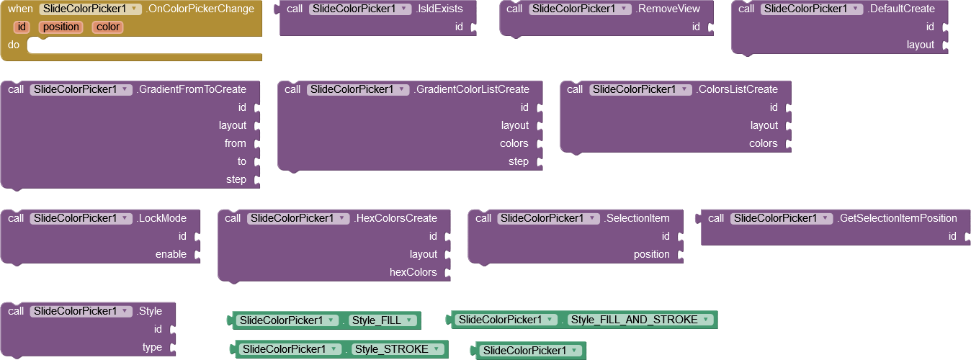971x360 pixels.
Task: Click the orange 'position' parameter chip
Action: tap(61, 27)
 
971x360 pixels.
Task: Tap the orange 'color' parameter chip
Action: tap(107, 27)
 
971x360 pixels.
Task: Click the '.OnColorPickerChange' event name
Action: tap(200, 9)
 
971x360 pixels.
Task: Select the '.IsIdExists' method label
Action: tap(439, 9)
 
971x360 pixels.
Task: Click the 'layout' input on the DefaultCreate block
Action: tap(920, 45)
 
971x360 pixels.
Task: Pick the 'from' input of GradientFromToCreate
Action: tap(235, 143)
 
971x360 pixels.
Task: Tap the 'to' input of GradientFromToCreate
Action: tap(241, 161)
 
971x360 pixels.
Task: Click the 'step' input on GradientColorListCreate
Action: tap(518, 161)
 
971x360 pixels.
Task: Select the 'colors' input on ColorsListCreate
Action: tap(763, 143)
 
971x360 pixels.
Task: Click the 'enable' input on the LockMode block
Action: tap(171, 254)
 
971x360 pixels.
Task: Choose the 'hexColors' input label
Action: tap(413, 272)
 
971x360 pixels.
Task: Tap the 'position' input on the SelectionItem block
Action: tap(651, 254)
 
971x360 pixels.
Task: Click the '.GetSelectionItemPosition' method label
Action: tap(897, 218)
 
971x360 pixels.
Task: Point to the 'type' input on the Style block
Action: tap(152, 347)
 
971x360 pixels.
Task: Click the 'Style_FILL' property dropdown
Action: tap(382, 320)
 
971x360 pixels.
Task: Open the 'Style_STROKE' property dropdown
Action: tap(397, 349)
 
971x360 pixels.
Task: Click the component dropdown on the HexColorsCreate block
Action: tap(297, 218)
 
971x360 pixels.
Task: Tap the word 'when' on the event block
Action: tap(21, 9)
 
